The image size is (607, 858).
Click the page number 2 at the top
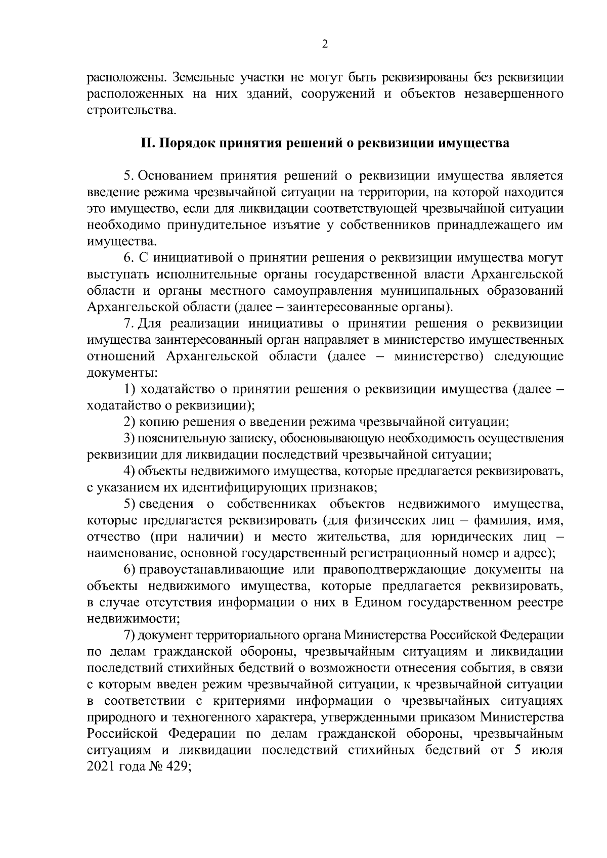click(x=325, y=45)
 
